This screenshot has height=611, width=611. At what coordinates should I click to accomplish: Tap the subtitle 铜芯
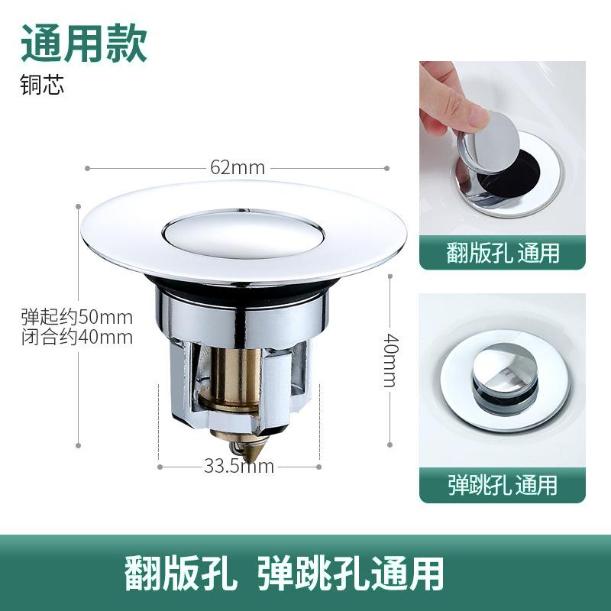[43, 84]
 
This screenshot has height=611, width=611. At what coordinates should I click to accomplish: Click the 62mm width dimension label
[238, 168]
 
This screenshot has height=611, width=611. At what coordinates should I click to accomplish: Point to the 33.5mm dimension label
[238, 466]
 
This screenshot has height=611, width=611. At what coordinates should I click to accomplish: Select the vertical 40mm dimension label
[389, 359]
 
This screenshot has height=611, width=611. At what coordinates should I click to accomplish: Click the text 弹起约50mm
[76, 317]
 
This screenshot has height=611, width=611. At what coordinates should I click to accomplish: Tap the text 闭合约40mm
[76, 337]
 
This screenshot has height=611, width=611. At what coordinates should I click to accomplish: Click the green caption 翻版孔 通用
[503, 253]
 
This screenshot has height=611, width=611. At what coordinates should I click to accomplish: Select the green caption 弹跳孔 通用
[503, 484]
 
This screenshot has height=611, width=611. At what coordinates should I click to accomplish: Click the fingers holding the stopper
[451, 99]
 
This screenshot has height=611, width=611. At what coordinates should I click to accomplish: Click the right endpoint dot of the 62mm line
[386, 168]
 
